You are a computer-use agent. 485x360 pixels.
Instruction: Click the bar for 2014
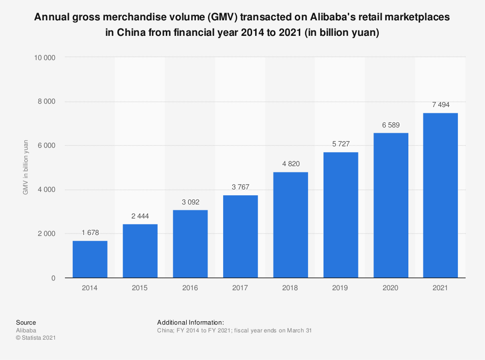(x=90, y=259)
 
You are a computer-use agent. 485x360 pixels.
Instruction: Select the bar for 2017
(x=240, y=236)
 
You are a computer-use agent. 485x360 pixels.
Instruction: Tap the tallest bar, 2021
(x=440, y=195)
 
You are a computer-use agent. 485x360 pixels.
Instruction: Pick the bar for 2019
(x=340, y=215)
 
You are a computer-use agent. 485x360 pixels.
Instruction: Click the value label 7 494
(x=440, y=105)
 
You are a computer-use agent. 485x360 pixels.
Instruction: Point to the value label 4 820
(x=290, y=164)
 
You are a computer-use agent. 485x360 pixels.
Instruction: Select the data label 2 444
(x=140, y=216)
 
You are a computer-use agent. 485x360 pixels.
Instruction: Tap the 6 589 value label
(x=390, y=125)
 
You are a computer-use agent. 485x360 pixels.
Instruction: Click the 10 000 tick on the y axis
(x=45, y=58)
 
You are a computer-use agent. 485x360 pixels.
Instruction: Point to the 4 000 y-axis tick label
(x=47, y=190)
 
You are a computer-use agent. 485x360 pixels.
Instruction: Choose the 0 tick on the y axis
(x=53, y=278)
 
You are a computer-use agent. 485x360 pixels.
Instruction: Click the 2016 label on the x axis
(x=190, y=288)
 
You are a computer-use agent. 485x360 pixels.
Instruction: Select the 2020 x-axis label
(x=390, y=288)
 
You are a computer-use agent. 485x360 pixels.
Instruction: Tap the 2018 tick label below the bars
(x=290, y=288)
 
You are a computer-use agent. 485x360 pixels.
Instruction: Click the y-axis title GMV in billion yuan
(x=25, y=168)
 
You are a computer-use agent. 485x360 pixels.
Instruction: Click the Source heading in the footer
(x=26, y=322)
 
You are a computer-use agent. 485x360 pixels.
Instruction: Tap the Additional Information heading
(x=190, y=322)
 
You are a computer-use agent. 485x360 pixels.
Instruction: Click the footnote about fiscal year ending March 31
(x=234, y=330)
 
